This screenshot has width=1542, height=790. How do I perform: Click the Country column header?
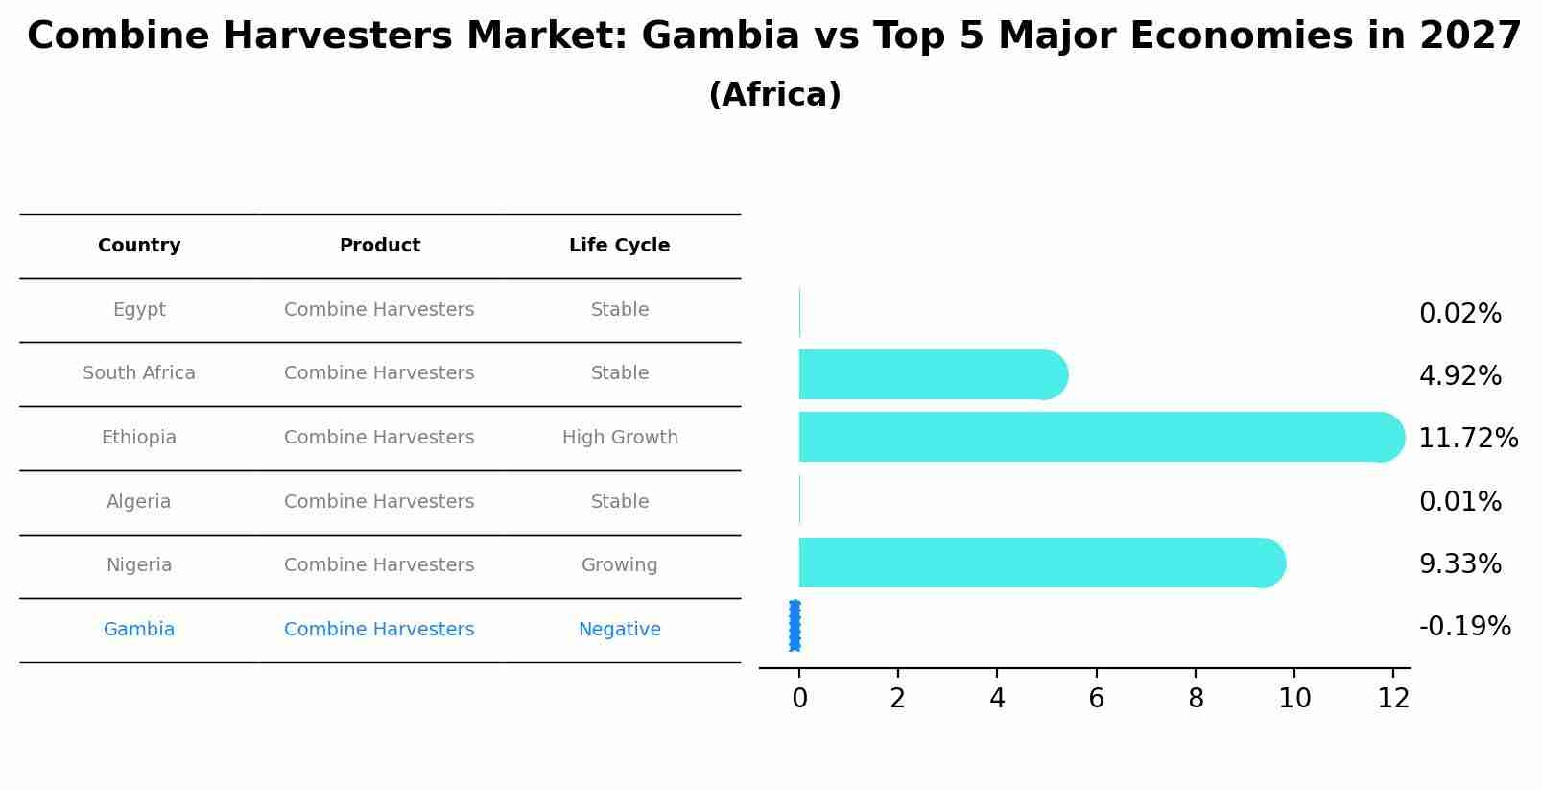[139, 246]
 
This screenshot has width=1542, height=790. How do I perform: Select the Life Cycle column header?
[619, 246]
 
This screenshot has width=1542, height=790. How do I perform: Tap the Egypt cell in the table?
[139, 310]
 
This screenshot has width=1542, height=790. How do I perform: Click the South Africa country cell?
[139, 373]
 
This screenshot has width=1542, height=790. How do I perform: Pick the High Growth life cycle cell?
[620, 438]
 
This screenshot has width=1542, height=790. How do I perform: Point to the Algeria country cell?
[139, 502]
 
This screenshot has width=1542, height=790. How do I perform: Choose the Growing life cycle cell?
[619, 565]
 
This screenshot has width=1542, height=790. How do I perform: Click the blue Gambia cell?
[139, 630]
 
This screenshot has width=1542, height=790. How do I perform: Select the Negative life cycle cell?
[619, 630]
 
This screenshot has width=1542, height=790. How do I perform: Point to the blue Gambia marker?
[795, 626]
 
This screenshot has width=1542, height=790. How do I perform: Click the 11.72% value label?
[1468, 439]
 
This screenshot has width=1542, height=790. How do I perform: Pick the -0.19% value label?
[1464, 627]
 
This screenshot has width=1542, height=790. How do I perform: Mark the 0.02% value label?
[1459, 314]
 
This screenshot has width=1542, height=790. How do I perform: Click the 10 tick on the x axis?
[1294, 699]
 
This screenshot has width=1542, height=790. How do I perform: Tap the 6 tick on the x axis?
[1096, 699]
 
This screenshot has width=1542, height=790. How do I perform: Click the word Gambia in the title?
[720, 36]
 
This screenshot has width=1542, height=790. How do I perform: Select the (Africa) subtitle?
[774, 95]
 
